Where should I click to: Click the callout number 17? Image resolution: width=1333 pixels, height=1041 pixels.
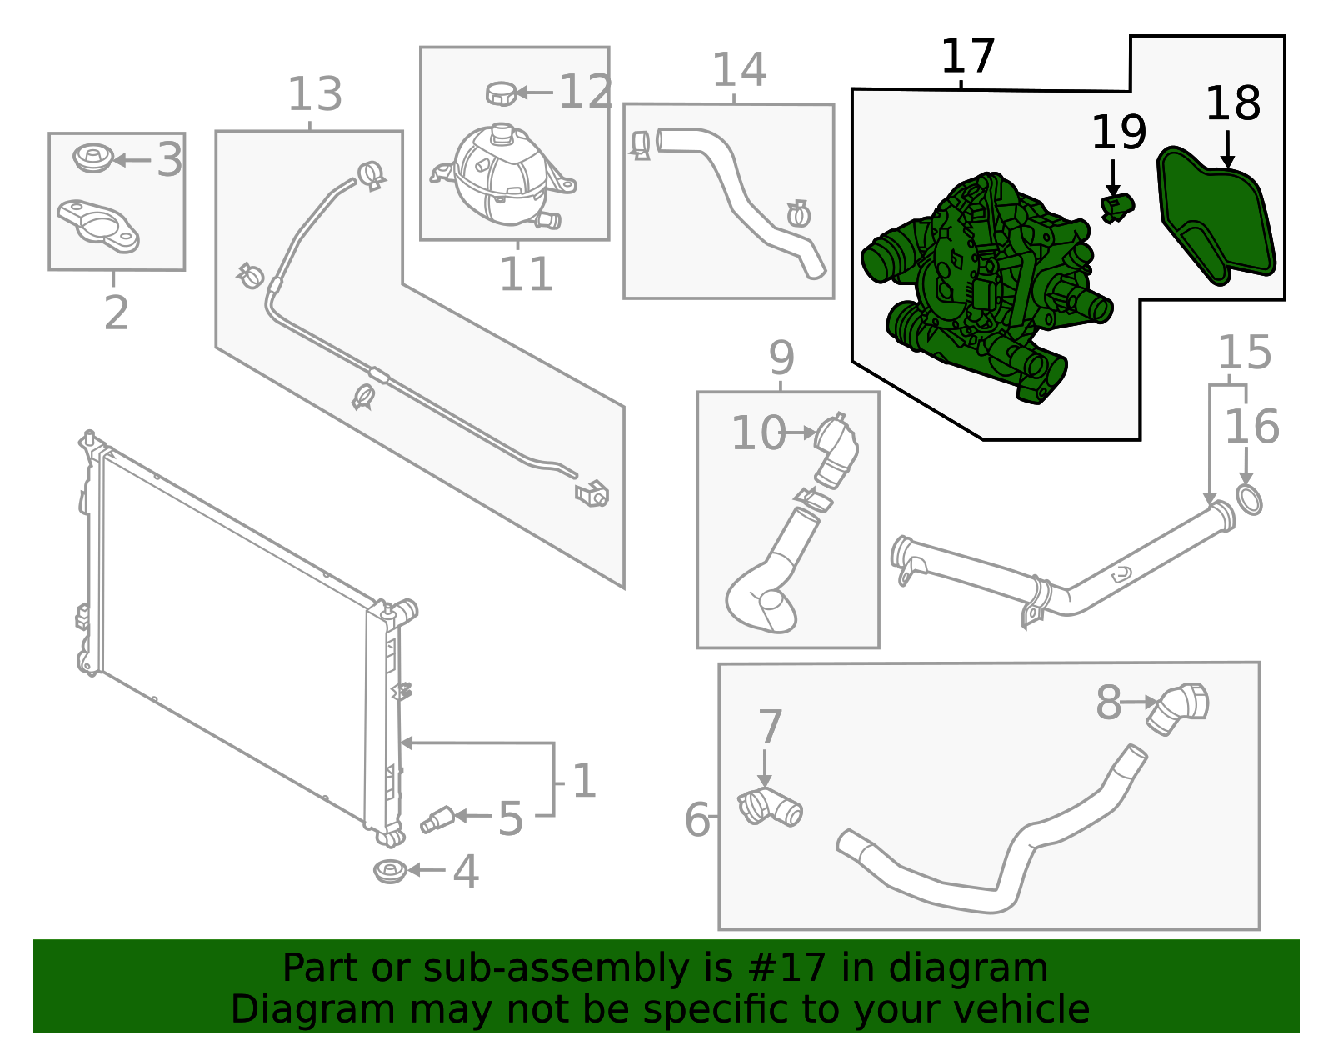pyautogui.click(x=967, y=57)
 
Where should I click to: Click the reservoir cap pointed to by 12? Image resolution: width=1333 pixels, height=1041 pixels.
pyautogui.click(x=501, y=93)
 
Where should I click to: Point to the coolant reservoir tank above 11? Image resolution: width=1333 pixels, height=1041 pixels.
pyautogui.click(x=500, y=177)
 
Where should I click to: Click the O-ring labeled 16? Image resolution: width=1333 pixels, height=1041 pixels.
pyautogui.click(x=1249, y=500)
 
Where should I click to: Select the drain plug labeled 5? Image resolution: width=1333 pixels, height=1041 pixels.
pyautogui.click(x=437, y=819)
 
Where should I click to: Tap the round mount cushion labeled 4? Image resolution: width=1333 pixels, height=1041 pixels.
pyautogui.click(x=389, y=871)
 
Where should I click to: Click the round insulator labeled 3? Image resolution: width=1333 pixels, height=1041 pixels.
pyautogui.click(x=92, y=158)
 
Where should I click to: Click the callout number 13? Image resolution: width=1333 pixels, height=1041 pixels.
pyautogui.click(x=314, y=94)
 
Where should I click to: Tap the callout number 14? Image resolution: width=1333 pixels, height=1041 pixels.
pyautogui.click(x=738, y=70)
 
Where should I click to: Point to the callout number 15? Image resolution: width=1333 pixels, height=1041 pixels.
pyautogui.click(x=1244, y=353)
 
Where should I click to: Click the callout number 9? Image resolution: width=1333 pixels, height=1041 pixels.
pyautogui.click(x=781, y=358)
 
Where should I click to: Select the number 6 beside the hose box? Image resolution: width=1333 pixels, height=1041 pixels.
pyautogui.click(x=696, y=819)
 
